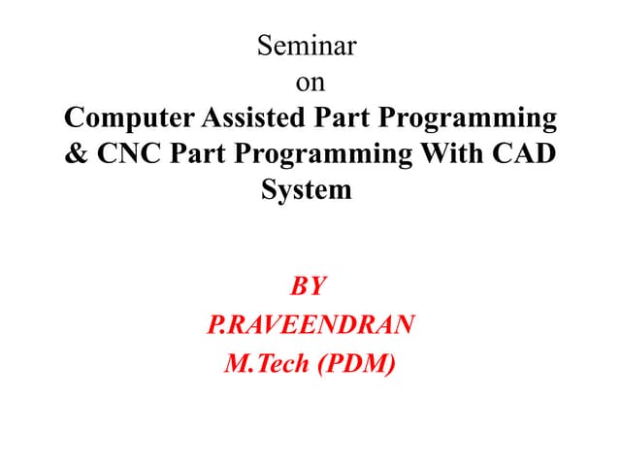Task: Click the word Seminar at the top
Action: pos(310,46)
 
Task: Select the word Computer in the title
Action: pos(129,119)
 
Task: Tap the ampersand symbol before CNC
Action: pos(76,155)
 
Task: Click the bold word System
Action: pos(307,191)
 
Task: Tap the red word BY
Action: pos(310,287)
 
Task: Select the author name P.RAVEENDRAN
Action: pos(310,324)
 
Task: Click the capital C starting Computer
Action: pos(73,119)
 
